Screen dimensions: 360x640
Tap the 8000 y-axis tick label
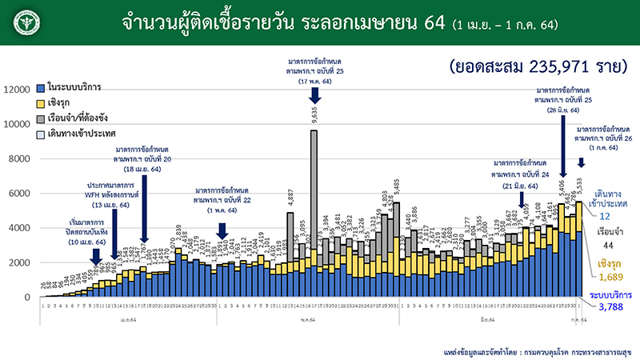click(x=19, y=158)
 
